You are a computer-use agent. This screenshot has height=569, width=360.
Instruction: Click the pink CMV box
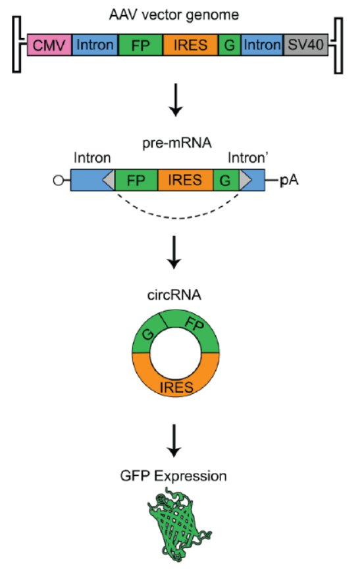click(x=49, y=45)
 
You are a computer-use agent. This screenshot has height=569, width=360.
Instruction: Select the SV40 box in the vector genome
click(x=305, y=45)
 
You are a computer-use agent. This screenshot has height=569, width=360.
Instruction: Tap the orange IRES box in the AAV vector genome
click(x=191, y=45)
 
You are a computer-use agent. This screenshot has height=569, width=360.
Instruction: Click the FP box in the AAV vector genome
click(x=141, y=45)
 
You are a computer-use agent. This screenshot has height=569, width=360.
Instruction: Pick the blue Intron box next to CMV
click(x=95, y=45)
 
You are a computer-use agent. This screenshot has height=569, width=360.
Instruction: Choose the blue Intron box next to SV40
click(x=262, y=45)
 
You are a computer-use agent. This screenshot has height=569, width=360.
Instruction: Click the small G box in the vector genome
click(x=230, y=45)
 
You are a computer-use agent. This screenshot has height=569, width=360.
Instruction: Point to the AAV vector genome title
click(x=174, y=15)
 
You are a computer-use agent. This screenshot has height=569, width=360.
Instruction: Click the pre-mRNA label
click(x=177, y=143)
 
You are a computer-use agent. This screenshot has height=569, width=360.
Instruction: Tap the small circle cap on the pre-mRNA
click(x=59, y=180)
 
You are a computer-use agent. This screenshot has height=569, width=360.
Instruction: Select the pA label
click(x=289, y=180)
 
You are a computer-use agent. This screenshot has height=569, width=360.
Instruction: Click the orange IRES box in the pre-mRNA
click(x=185, y=180)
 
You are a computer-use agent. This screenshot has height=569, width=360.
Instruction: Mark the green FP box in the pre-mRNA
click(x=136, y=180)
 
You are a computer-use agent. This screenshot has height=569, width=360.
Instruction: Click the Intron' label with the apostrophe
click(x=248, y=158)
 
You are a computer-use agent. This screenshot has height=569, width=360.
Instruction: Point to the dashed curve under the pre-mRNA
click(x=177, y=219)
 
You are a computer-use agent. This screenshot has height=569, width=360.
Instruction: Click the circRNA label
click(x=174, y=295)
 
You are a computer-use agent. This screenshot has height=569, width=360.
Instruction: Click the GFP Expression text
click(x=173, y=475)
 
